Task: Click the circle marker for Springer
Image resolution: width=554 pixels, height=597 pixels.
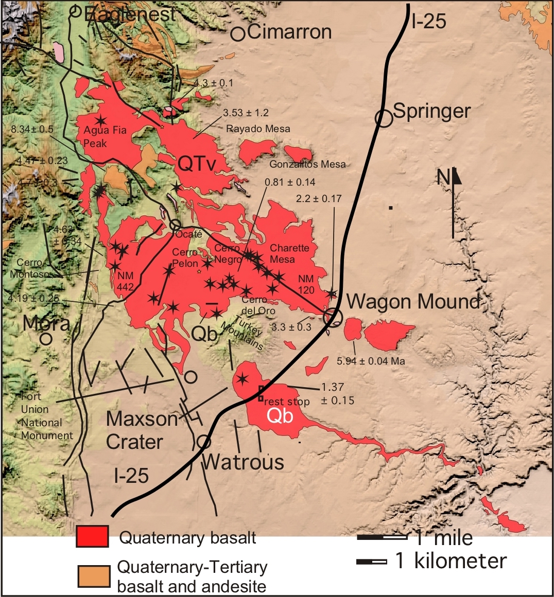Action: click(x=384, y=118)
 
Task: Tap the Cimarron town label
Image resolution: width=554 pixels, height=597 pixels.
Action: click(x=289, y=32)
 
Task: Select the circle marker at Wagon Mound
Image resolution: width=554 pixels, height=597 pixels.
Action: click(x=333, y=316)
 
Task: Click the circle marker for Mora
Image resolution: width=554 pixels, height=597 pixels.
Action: click(x=46, y=339)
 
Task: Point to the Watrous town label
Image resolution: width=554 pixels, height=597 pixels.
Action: click(x=243, y=462)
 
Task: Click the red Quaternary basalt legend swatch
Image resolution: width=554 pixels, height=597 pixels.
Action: click(x=93, y=536)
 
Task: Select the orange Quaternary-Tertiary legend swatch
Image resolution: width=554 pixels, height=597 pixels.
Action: click(x=94, y=576)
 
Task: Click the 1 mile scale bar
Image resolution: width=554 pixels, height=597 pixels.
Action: click(x=382, y=537)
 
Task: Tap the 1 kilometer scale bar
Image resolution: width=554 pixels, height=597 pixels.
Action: click(x=371, y=562)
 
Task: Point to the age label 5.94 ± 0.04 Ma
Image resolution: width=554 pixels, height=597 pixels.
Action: click(x=371, y=361)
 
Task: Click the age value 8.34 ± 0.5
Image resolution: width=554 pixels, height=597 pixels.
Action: click(x=32, y=129)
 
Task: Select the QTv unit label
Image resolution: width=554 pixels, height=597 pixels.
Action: click(x=196, y=164)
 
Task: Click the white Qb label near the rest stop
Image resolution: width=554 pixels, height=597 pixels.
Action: click(x=280, y=415)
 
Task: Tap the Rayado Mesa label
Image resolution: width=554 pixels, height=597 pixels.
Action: click(x=258, y=129)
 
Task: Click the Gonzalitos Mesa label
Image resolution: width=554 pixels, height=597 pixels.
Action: click(x=307, y=165)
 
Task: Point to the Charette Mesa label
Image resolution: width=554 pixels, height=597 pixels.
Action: click(x=289, y=254)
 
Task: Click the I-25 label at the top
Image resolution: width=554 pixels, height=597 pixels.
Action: click(x=429, y=21)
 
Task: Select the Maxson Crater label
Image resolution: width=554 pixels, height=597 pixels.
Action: click(x=141, y=430)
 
